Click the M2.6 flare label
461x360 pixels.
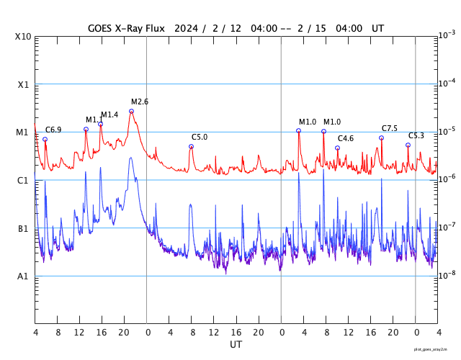pyautogui.click(x=140, y=102)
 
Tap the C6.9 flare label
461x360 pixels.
pyautogui.click(x=53, y=130)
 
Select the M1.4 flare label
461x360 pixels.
pyautogui.click(x=109, y=115)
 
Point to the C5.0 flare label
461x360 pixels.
pyautogui.click(x=200, y=137)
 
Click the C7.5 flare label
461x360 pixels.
pyautogui.click(x=390, y=128)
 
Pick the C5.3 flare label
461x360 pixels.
pyautogui.click(x=416, y=135)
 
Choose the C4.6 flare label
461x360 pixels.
pyautogui.click(x=346, y=138)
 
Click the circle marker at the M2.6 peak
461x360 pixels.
pyautogui.click(x=131, y=112)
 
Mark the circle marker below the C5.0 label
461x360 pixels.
pyautogui.click(x=191, y=146)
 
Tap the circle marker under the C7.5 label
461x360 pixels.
pyautogui.click(x=381, y=138)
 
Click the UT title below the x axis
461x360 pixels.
pyautogui.click(x=236, y=345)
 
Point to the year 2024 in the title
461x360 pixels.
pyautogui.click(x=187, y=28)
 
